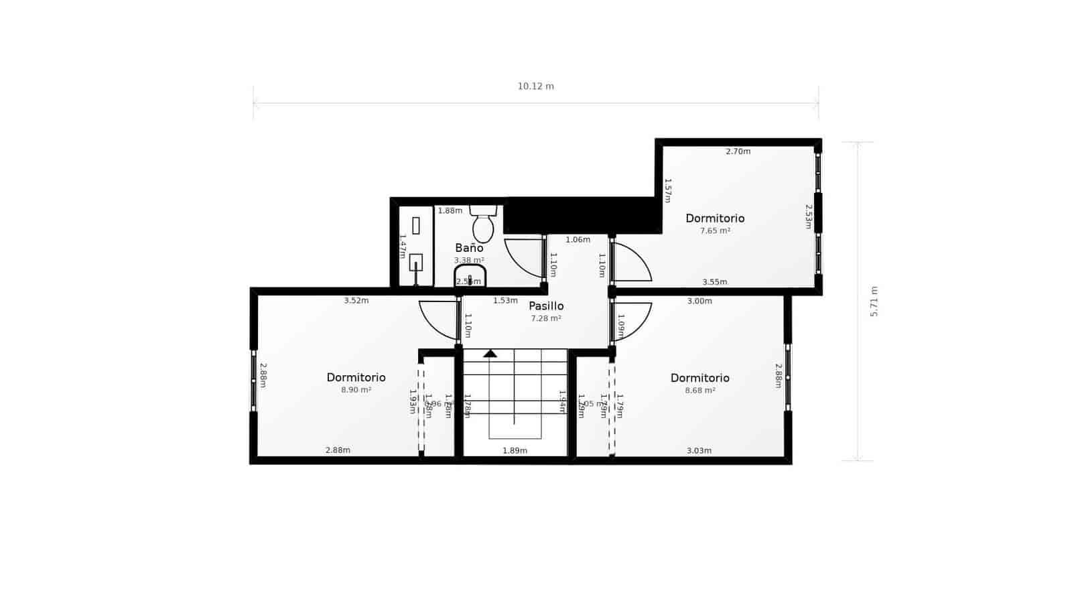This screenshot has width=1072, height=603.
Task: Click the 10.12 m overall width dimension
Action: point(535,86)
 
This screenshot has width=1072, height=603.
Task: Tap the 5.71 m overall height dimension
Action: point(874,301)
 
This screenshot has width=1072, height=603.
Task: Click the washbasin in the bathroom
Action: point(470,276)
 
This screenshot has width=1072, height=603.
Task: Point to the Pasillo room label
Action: point(546,306)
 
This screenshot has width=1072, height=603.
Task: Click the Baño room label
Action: point(469,248)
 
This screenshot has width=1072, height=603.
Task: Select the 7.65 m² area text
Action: point(715,230)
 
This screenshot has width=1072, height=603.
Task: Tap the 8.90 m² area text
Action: point(356,390)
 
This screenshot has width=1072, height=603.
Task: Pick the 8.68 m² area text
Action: point(699,390)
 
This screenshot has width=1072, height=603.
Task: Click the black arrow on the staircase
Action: point(490,353)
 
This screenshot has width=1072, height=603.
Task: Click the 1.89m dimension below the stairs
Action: point(515,450)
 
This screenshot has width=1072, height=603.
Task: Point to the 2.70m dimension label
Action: point(738,151)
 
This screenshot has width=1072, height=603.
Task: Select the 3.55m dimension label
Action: point(714,282)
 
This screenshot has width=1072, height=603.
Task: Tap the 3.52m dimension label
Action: point(356,301)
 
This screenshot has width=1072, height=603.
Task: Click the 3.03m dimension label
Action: point(699,450)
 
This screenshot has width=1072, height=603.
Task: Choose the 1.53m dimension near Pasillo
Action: point(505,301)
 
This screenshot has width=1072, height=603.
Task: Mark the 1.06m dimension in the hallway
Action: point(578,240)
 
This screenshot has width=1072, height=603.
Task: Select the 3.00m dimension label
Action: point(699,301)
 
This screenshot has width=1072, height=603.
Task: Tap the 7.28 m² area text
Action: point(545,318)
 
